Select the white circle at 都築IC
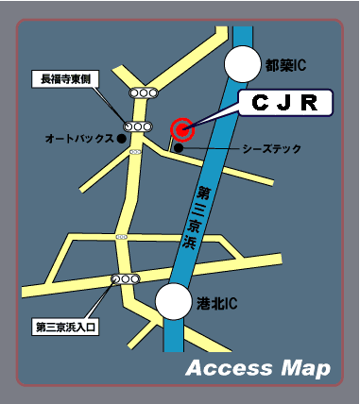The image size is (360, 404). point(241,64)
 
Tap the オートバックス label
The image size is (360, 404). point(78,139)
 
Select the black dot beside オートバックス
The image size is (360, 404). point(122,138)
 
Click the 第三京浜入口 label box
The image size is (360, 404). point(66,328)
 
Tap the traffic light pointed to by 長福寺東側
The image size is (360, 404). point(138,126)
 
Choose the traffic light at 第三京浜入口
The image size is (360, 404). point(124,279)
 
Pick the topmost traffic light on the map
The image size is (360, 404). point(146,93)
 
